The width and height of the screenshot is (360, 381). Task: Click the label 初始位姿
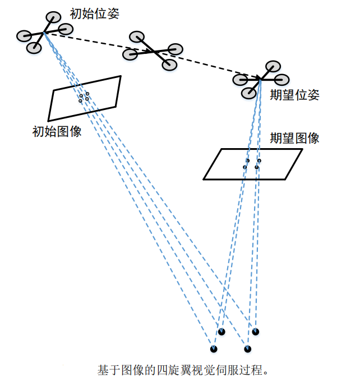point(95,13)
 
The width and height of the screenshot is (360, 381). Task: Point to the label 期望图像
point(294,138)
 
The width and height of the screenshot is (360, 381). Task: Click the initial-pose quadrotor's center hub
point(44,33)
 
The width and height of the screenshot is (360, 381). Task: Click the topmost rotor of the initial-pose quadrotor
point(53,17)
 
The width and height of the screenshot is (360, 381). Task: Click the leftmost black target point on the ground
point(214,349)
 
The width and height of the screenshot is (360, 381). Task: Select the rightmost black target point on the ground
point(256,332)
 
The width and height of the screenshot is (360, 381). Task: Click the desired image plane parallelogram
point(252,164)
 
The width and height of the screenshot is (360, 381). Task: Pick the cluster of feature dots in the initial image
point(84,97)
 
